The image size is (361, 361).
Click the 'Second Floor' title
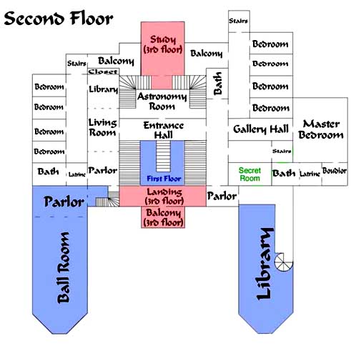[x=59, y=19]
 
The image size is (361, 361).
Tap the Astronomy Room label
[x=162, y=102]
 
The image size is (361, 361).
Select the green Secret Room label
[x=249, y=174]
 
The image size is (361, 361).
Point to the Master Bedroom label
[x=321, y=129]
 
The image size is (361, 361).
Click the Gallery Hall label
[x=261, y=129]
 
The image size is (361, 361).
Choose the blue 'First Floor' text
[x=164, y=179]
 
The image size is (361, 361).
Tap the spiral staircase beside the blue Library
[x=284, y=262]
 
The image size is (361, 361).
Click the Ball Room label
[x=64, y=267]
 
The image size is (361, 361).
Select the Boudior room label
[x=335, y=171]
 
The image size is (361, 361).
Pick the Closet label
[x=103, y=71]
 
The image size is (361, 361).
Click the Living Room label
[x=103, y=127]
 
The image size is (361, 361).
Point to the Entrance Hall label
[x=164, y=130]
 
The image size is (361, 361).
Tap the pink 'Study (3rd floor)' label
[x=163, y=44]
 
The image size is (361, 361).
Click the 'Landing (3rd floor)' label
[x=164, y=197]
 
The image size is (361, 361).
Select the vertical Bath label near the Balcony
[x=217, y=84]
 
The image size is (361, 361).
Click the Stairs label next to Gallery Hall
[x=282, y=151]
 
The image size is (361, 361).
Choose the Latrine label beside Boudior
[x=310, y=174]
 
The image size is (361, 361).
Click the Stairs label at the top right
[x=239, y=21]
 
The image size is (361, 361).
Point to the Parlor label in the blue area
[x=64, y=202]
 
